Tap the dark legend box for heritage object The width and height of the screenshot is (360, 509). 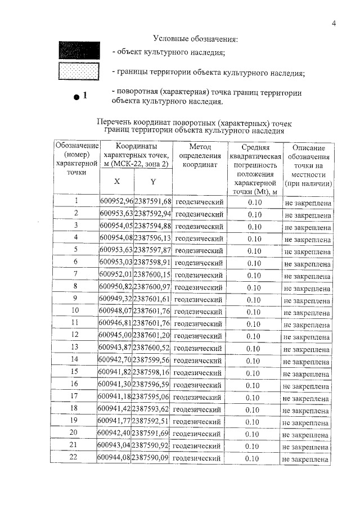pyautogui.click(x=79, y=51)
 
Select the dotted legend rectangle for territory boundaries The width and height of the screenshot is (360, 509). pyautogui.click(x=79, y=72)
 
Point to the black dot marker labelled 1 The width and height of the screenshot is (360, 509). pyautogui.click(x=76, y=97)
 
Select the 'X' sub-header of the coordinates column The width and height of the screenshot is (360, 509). pyautogui.click(x=116, y=182)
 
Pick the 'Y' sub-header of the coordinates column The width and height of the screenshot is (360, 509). pyautogui.click(x=152, y=182)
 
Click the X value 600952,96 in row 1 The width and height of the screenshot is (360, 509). pyautogui.click(x=116, y=201)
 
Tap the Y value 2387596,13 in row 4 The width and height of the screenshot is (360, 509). pyautogui.click(x=152, y=238)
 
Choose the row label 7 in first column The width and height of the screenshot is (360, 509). pyautogui.click(x=75, y=274)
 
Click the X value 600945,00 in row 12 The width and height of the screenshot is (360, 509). pyautogui.click(x=115, y=336)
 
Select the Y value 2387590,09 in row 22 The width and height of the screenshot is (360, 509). pyautogui.click(x=150, y=459)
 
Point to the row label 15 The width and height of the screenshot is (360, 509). pyautogui.click(x=74, y=373)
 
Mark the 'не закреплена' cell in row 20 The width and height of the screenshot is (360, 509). pyautogui.click(x=306, y=434)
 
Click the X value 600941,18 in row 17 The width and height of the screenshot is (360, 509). pyautogui.click(x=114, y=398)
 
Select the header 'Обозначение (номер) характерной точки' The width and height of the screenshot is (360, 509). pyautogui.click(x=76, y=159)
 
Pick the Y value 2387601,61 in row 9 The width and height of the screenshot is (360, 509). pyautogui.click(x=151, y=299)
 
